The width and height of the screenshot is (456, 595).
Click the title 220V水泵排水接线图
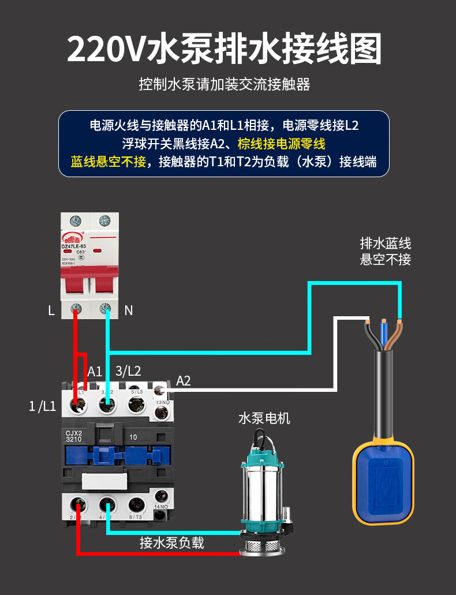tap(225, 50)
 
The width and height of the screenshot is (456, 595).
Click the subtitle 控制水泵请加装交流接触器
tap(225, 85)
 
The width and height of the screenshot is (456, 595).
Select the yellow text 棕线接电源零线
tap(281, 143)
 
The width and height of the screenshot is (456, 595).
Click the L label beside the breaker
tap(51, 310)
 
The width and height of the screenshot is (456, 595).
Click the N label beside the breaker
tap(128, 310)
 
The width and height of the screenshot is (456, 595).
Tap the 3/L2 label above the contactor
tap(128, 371)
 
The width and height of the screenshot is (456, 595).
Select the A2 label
tap(183, 381)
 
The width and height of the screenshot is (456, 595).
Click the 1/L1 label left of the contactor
tap(42, 406)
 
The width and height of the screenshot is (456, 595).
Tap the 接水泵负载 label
tap(171, 543)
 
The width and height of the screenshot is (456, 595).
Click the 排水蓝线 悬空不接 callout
tap(386, 251)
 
